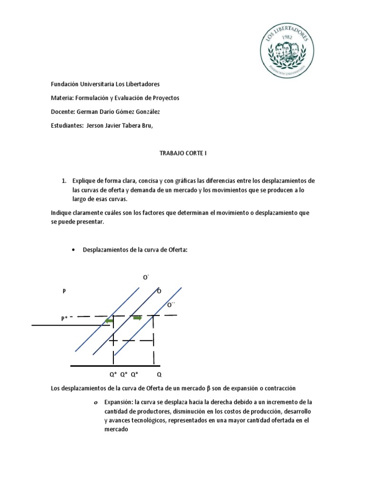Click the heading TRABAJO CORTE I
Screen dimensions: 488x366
183,154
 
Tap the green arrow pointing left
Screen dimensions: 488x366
109,322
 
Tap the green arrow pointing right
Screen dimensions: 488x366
137,318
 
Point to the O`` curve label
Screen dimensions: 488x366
171,305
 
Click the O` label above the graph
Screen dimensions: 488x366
146,277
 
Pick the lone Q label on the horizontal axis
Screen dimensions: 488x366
159,375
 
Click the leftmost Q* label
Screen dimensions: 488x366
113,375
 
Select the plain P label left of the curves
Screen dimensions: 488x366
64,291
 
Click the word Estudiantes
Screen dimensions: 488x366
67,125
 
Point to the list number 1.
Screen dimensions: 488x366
63,181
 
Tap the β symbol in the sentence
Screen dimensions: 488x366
202,388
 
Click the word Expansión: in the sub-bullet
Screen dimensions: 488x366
117,402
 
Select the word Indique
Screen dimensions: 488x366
61,213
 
